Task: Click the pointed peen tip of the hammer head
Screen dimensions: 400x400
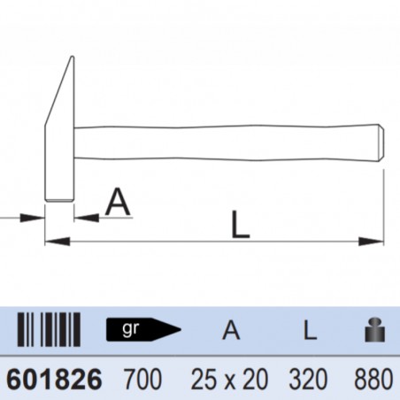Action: coord(69,60)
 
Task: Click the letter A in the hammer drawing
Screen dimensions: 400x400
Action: coord(118,203)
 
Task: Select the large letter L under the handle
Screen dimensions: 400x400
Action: coord(240,225)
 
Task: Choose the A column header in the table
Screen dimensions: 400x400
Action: coord(231,331)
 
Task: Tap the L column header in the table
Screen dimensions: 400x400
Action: coord(306,331)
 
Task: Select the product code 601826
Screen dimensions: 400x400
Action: coord(54,379)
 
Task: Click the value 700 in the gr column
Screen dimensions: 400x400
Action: coord(144,379)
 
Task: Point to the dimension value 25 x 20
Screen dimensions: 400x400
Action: coord(230,379)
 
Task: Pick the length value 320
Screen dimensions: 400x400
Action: coord(307,379)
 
